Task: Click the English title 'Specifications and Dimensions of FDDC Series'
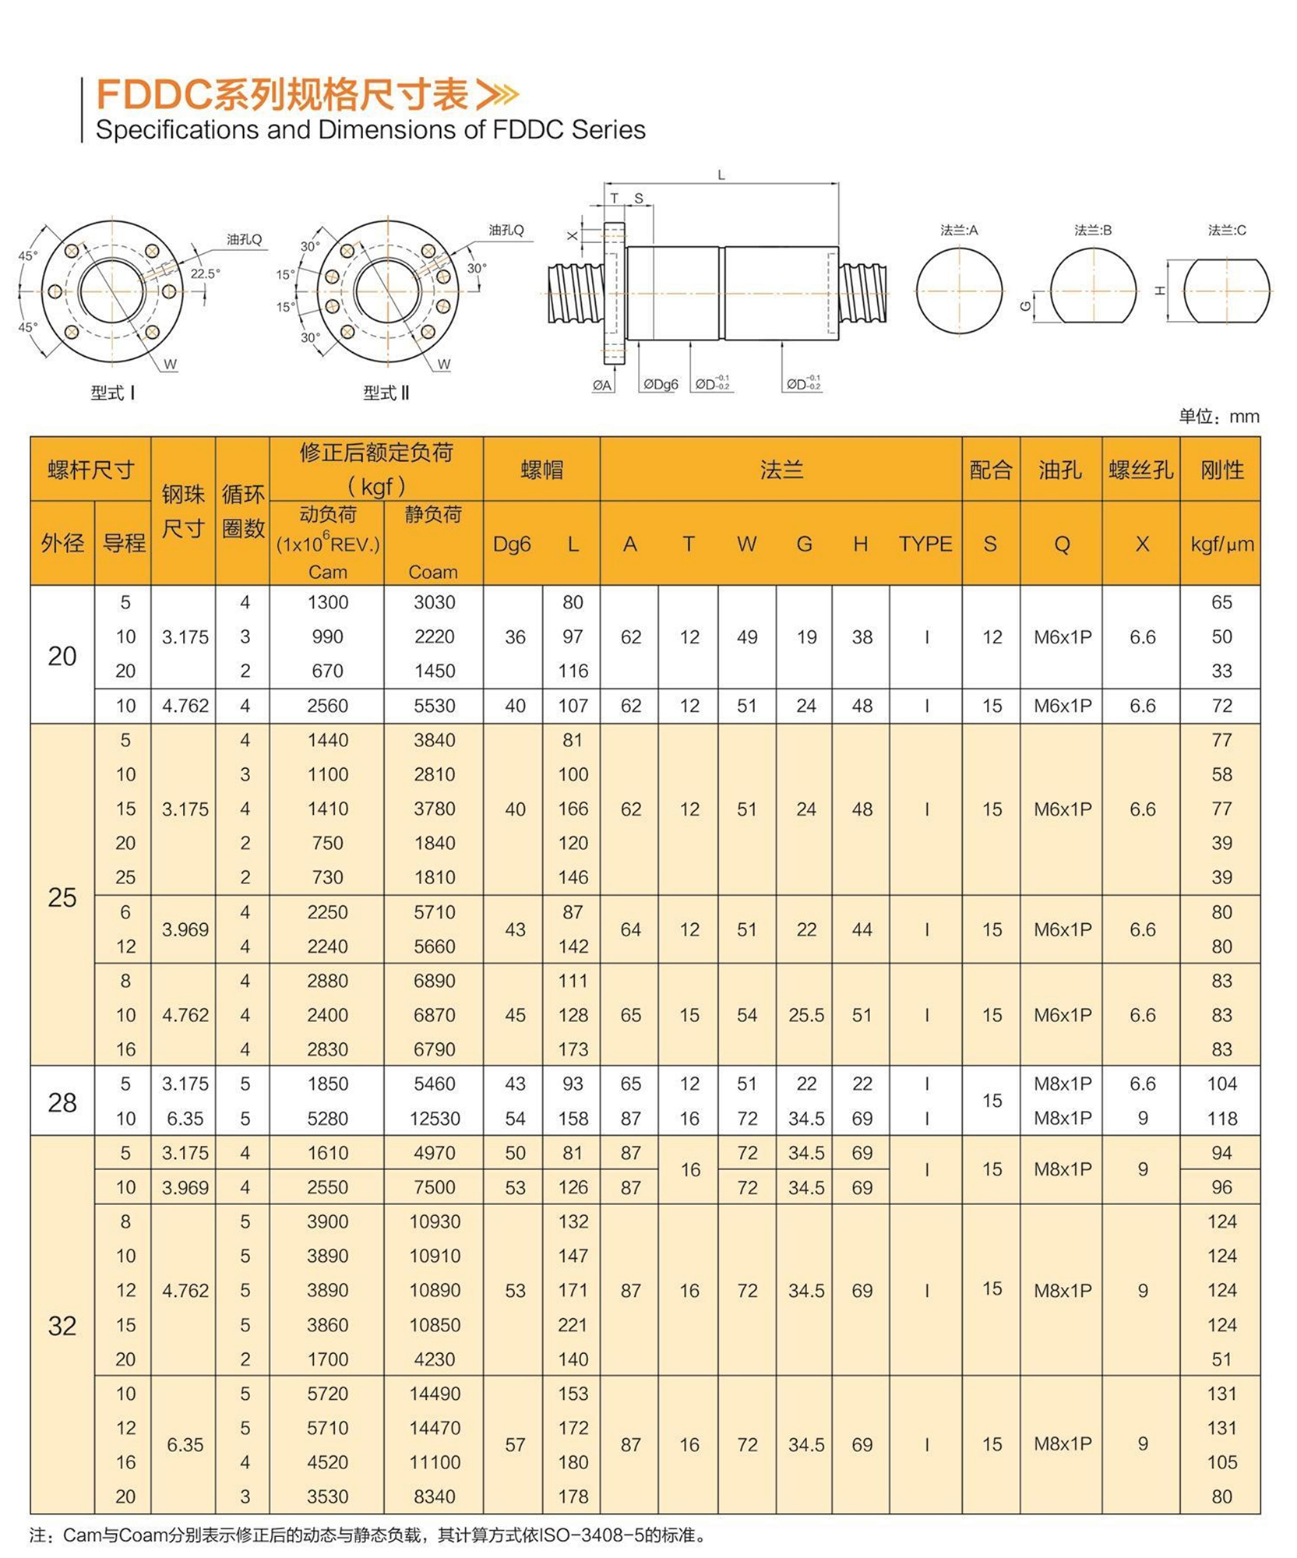tap(370, 129)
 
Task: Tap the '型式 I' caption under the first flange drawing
tap(112, 393)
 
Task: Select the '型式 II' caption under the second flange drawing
tap(386, 393)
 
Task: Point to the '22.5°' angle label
tap(205, 274)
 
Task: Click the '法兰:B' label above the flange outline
tap(1092, 231)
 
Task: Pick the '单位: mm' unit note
tap(1218, 417)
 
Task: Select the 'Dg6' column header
tap(512, 544)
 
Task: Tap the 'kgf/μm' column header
tap(1221, 544)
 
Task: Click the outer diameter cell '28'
tap(62, 1102)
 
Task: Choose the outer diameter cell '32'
tap(62, 1326)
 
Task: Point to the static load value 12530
tap(435, 1119)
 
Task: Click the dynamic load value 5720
tap(327, 1394)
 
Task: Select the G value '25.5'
tap(805, 1015)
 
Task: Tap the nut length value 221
tap(573, 1325)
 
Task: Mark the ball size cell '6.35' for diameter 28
tap(185, 1119)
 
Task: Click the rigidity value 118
tap(1221, 1119)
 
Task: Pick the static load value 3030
tap(435, 602)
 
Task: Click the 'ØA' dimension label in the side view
tap(602, 385)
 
